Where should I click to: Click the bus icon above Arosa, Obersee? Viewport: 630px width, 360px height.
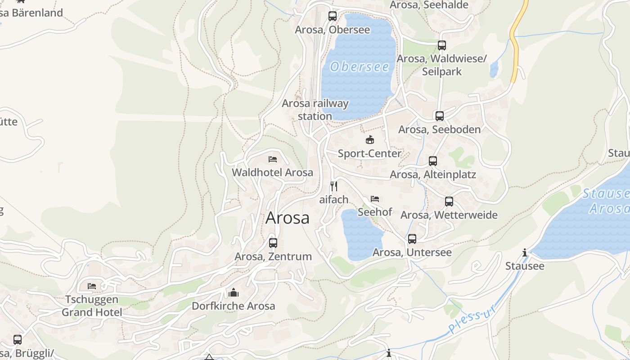click(333, 16)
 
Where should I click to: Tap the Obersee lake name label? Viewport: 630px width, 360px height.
click(360, 67)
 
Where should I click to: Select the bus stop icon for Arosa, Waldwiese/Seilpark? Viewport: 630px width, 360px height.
click(441, 45)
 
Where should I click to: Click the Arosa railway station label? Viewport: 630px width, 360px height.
click(315, 109)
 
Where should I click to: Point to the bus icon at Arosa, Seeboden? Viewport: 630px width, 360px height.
click(440, 116)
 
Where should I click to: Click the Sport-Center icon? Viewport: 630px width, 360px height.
click(370, 140)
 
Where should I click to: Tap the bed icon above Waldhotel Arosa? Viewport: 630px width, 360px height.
click(272, 159)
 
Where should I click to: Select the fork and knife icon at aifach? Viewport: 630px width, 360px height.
click(333, 186)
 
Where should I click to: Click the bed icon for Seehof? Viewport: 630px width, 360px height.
click(375, 198)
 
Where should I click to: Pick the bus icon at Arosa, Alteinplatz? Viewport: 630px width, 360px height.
click(432, 161)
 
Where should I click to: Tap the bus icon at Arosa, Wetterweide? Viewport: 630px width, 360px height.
click(449, 202)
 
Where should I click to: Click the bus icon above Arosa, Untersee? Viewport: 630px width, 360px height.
click(412, 239)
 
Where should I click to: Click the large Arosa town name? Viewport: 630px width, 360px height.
click(288, 218)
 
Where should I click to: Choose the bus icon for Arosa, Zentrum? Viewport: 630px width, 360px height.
click(273, 243)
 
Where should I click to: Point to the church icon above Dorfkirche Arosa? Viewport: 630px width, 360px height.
click(233, 293)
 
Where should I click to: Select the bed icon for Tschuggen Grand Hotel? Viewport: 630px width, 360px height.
click(92, 286)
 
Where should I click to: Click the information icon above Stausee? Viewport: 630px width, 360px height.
click(525, 253)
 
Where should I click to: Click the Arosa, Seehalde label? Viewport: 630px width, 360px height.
click(429, 5)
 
